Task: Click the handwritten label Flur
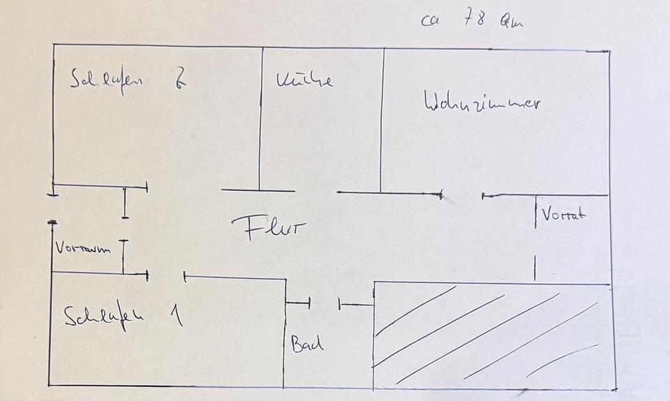tap(269, 228)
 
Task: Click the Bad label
tap(307, 343)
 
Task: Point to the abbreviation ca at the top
tap(430, 21)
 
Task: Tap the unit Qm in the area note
tap(511, 22)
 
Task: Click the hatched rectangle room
tap(492, 335)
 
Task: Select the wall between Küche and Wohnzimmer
tap(382, 119)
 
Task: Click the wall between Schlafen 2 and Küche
tap(260, 119)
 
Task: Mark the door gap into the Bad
tap(325, 303)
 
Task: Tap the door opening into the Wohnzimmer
tap(462, 196)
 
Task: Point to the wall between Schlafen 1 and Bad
tap(284, 335)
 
